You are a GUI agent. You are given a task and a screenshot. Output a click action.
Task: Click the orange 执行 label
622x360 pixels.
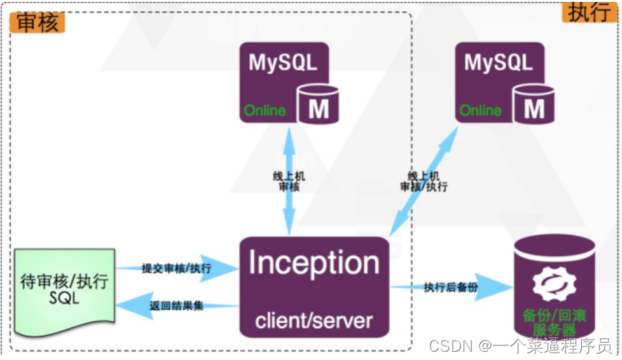coord(590,11)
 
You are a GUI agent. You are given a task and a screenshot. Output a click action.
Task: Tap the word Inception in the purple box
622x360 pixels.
coord(314,263)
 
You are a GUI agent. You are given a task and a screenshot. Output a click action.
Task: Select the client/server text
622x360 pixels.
coord(314,320)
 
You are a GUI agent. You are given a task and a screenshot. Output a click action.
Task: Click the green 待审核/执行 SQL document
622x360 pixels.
coord(64,289)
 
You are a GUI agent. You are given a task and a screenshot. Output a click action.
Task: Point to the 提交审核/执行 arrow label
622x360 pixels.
coord(176,268)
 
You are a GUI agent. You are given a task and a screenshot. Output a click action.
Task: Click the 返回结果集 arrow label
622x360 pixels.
coord(176,306)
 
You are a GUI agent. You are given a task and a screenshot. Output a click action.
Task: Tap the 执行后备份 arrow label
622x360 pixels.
coord(450,287)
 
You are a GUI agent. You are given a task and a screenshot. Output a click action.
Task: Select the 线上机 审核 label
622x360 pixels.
coord(289,181)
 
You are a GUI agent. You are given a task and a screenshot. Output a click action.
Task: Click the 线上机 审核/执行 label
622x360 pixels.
coord(423,181)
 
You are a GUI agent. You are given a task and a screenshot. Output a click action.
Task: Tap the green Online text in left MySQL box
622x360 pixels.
coord(265,111)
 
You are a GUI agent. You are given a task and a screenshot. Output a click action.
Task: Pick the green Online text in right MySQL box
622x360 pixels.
coord(481,111)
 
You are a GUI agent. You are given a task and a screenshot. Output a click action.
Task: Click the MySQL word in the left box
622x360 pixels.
coord(283,63)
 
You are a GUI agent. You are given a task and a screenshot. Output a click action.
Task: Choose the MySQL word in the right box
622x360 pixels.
coord(499,63)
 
